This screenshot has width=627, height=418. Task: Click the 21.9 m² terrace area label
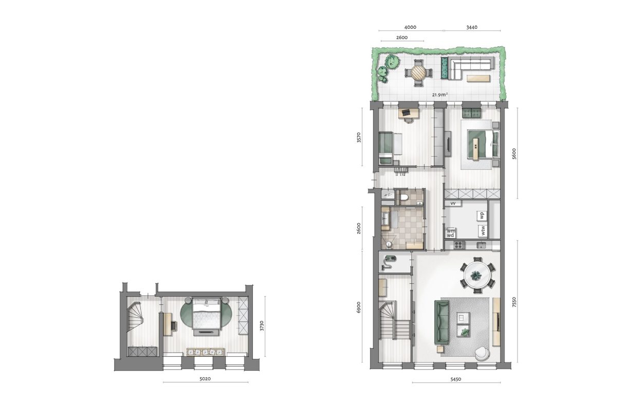[x=440, y=95]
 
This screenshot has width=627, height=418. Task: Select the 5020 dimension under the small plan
[x=205, y=378]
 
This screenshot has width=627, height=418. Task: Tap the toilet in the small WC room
[x=404, y=198]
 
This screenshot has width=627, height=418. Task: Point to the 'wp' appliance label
[x=482, y=215]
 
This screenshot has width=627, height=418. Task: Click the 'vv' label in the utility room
[x=453, y=204]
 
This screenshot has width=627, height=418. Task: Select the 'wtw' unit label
[x=483, y=229]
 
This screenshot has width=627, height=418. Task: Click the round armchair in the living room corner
[x=482, y=353]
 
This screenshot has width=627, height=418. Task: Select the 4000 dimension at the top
[x=410, y=27]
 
